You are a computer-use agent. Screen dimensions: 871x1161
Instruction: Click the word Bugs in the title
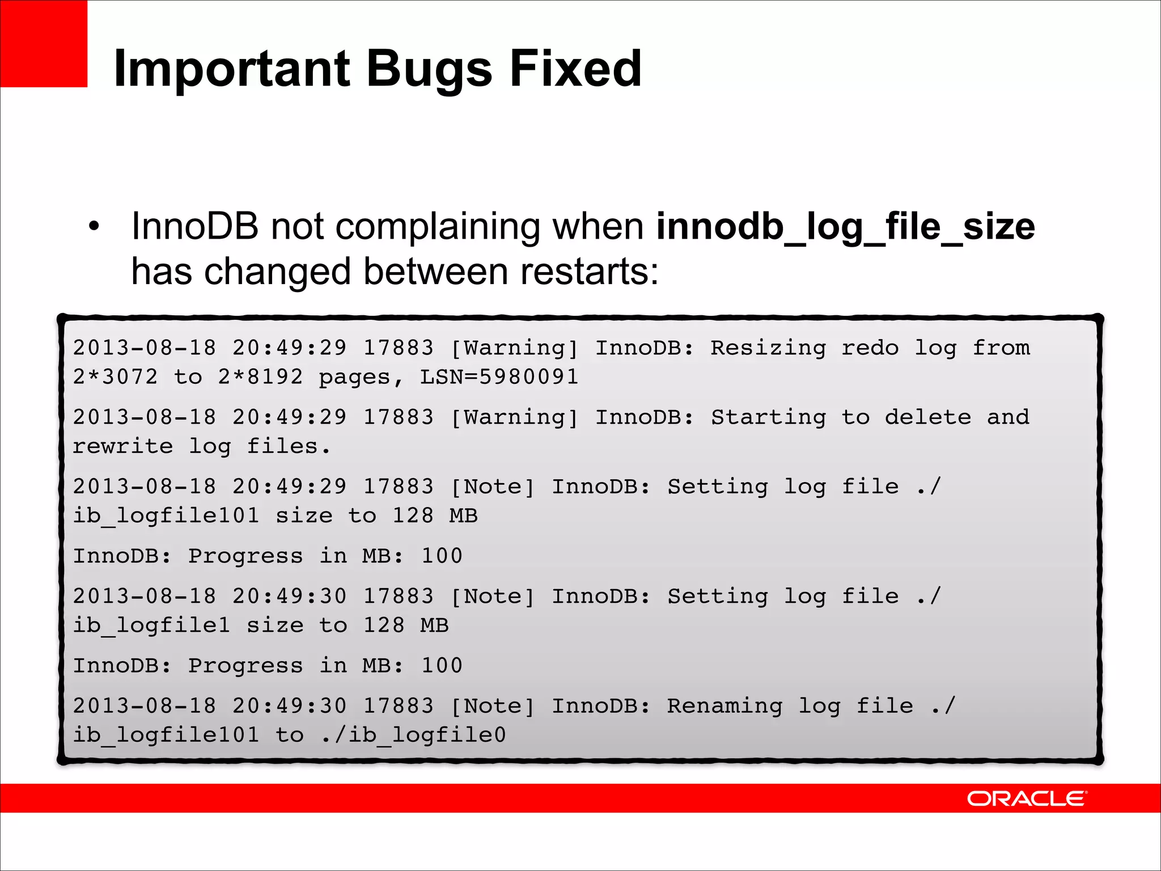pyautogui.click(x=429, y=69)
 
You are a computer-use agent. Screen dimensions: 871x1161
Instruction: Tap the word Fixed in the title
pyautogui.click(x=575, y=68)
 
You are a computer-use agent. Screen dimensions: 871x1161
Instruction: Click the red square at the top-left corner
pyautogui.click(x=44, y=44)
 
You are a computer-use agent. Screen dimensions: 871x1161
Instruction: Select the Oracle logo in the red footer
pyautogui.click(x=1027, y=798)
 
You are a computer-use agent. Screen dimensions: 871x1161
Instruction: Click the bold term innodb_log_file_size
pyautogui.click(x=845, y=227)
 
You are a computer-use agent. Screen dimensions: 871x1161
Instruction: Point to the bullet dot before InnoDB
pyautogui.click(x=94, y=227)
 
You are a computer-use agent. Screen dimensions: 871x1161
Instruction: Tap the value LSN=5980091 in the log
pyautogui.click(x=499, y=377)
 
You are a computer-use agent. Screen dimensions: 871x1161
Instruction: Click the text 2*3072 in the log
pyautogui.click(x=116, y=377)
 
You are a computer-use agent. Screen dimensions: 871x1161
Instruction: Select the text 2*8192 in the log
pyautogui.click(x=261, y=377)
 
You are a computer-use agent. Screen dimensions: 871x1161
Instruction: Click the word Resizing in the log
pyautogui.click(x=768, y=348)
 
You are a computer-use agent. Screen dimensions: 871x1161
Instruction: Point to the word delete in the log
pyautogui.click(x=927, y=417)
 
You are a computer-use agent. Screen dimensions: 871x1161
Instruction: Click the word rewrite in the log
pyautogui.click(x=123, y=446)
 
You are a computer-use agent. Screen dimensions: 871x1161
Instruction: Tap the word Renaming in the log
pyautogui.click(x=724, y=706)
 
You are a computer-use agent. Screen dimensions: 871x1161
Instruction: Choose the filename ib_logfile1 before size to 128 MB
pyautogui.click(x=152, y=625)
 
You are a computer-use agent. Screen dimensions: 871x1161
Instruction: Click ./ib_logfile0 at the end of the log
pyautogui.click(x=413, y=735)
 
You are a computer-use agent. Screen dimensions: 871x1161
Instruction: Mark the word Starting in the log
pyautogui.click(x=768, y=417)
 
